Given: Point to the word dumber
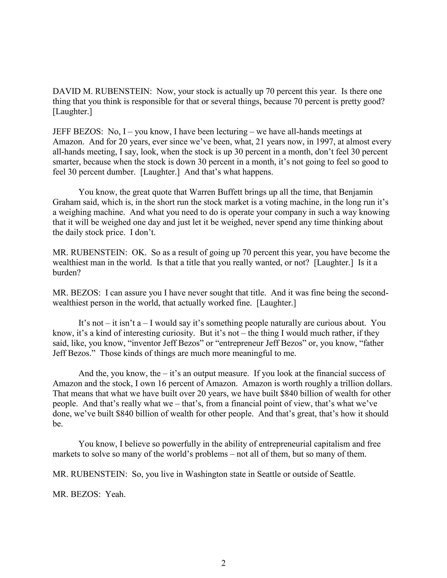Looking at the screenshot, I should point(121,172).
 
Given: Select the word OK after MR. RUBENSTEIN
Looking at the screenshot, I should point(139,253).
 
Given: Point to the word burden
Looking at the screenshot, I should point(66,273).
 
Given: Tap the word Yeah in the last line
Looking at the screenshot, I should point(115,494).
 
